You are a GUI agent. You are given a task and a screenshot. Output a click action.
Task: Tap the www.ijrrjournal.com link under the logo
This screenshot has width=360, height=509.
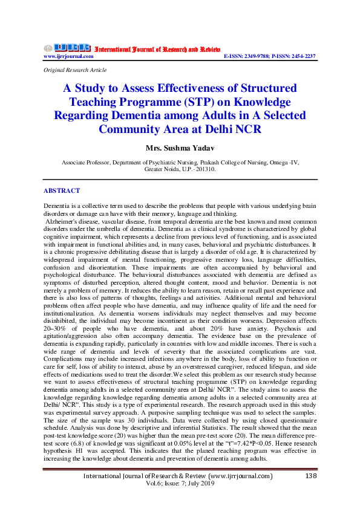point(68,56)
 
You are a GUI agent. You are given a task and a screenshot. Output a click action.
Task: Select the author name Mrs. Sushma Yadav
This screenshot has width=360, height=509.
point(180,148)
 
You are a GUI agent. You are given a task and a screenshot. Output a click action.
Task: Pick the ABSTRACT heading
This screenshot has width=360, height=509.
point(62,190)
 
